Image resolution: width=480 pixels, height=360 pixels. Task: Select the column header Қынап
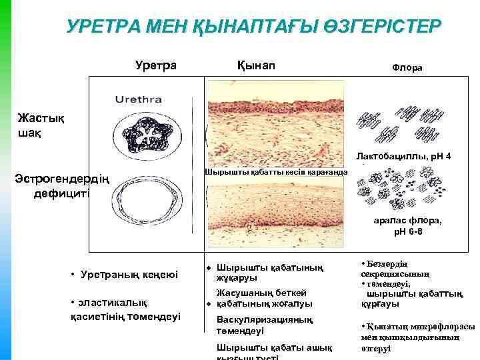tap(255, 65)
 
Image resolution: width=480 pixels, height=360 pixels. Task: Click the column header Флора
tap(411, 68)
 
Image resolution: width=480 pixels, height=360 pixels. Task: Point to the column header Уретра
tap(156, 65)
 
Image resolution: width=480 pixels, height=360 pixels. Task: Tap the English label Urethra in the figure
tap(139, 100)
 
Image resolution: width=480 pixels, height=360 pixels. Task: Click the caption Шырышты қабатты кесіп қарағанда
tap(276, 172)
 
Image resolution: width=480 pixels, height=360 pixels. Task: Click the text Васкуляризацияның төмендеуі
tap(265, 325)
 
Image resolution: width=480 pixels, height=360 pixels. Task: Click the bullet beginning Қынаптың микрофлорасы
tap(417, 337)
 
